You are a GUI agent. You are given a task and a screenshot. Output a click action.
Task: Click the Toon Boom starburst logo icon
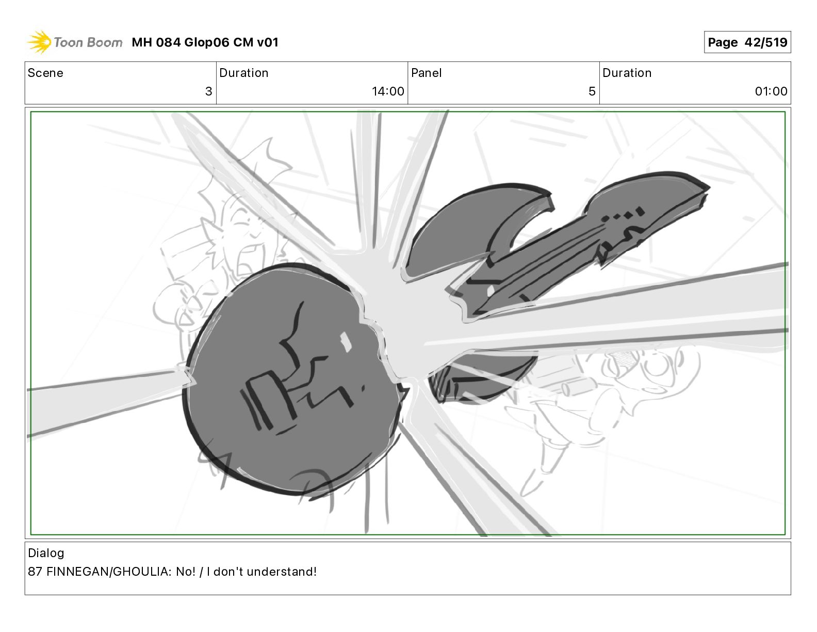[39, 42]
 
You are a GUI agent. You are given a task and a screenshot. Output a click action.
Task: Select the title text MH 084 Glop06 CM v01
[205, 42]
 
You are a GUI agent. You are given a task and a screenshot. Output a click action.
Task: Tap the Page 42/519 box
[747, 42]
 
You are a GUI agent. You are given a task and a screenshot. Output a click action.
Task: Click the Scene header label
[45, 73]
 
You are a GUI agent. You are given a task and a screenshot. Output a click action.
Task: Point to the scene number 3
[209, 91]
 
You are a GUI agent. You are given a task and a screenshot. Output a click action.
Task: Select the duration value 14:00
[388, 91]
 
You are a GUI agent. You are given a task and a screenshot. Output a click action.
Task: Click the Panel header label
[427, 73]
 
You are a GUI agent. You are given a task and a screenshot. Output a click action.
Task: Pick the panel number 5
[592, 91]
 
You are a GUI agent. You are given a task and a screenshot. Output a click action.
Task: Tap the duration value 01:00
[771, 91]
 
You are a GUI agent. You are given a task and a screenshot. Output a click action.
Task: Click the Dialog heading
[46, 553]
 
